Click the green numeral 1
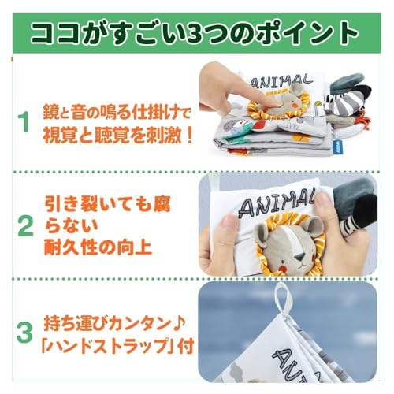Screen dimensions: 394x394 [x=24, y=124]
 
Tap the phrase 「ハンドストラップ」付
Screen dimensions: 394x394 [x=107, y=346]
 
